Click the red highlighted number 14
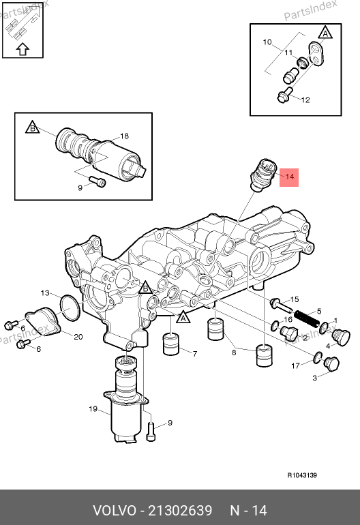pyautogui.click(x=289, y=177)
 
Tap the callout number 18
pyautogui.click(x=124, y=136)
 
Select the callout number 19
pyautogui.click(x=93, y=409)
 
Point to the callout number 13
pyautogui.click(x=45, y=293)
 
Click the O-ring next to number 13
pyautogui.click(x=70, y=308)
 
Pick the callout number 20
pyautogui.click(x=78, y=337)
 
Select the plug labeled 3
pyautogui.click(x=331, y=363)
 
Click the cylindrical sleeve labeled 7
pyautogui.click(x=171, y=344)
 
